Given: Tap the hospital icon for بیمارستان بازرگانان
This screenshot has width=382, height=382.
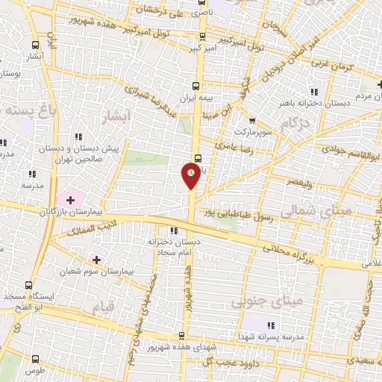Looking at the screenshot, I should coord(71,200).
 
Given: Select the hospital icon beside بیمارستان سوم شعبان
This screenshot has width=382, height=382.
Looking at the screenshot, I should coord(95,259).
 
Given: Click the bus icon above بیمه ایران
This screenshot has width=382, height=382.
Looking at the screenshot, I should coord(196,86).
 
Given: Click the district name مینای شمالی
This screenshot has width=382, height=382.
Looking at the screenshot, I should coord(344,212).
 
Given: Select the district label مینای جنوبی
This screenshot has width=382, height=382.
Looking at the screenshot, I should coord(259,301).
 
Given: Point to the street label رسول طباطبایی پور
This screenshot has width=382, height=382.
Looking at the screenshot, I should coord(234,213).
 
